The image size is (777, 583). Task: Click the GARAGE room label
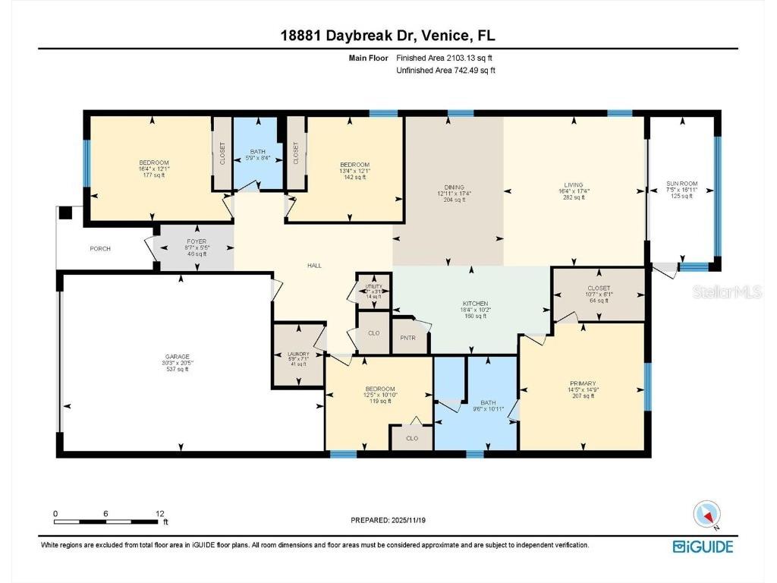click(x=178, y=356)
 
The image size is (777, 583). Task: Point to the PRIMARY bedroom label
click(x=583, y=383)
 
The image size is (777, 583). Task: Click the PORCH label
click(x=100, y=248)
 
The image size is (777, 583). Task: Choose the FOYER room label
click(x=175, y=241)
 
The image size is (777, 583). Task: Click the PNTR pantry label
click(x=408, y=339)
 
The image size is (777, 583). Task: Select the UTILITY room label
click(x=373, y=286)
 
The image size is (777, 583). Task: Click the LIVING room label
click(x=574, y=185)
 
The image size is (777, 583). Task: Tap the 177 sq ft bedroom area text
click(x=148, y=175)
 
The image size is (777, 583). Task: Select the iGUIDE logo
click(x=703, y=546)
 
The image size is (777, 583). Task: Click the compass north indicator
click(x=706, y=515)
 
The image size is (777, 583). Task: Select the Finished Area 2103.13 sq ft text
click(x=448, y=58)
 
